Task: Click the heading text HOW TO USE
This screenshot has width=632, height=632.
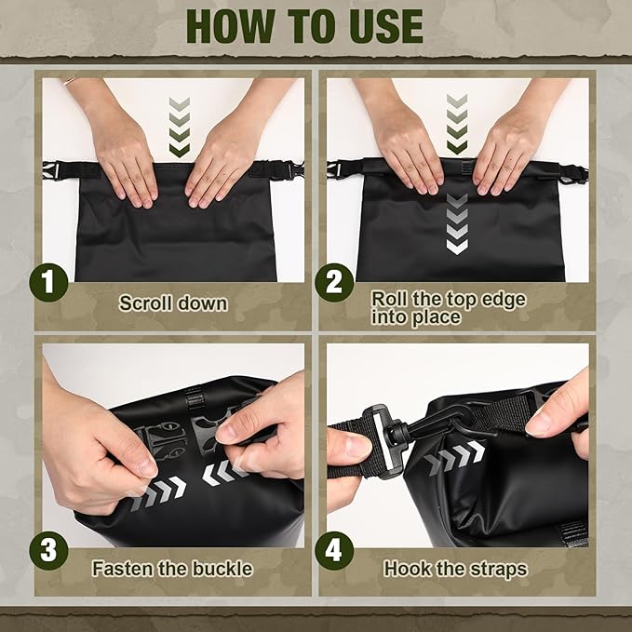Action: tap(316, 28)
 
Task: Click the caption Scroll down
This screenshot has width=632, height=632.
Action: tap(173, 303)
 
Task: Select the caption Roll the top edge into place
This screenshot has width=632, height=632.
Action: tap(449, 307)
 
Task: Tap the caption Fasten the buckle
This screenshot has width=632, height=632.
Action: tap(172, 567)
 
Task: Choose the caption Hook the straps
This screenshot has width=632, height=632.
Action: tap(455, 567)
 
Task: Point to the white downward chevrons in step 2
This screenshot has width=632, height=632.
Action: tap(456, 223)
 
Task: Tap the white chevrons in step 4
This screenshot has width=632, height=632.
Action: tap(455, 457)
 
